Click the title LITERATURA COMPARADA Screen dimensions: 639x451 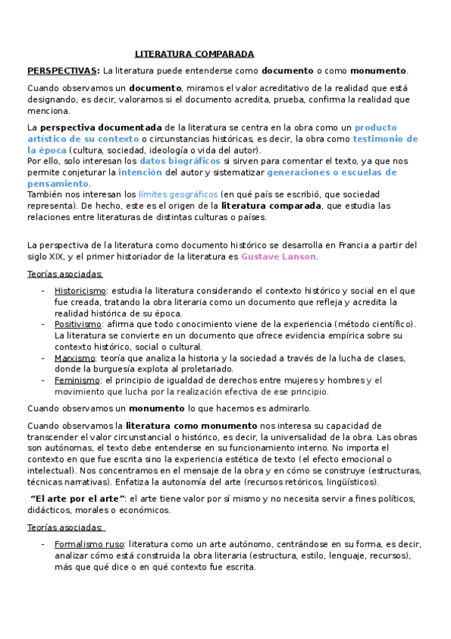click(194, 54)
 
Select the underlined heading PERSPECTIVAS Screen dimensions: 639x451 click(62, 71)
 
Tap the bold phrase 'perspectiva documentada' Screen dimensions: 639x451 click(100, 128)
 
